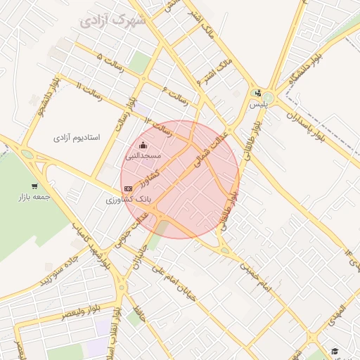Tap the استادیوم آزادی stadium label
(x=77, y=137)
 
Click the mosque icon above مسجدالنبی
(x=143, y=146)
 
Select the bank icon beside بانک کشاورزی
(x=128, y=188)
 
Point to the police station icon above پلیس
(x=258, y=93)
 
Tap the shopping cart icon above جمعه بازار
(x=34, y=186)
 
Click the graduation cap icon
(x=335, y=351)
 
